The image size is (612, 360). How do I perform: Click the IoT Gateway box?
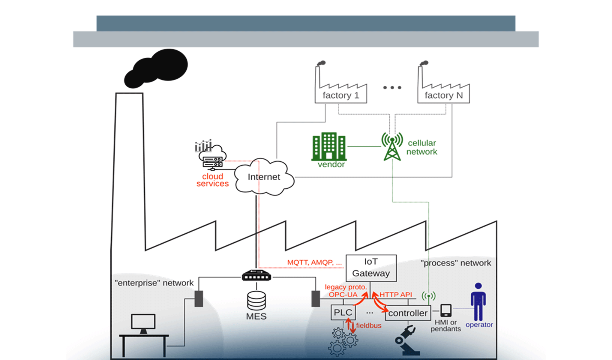point(371,268)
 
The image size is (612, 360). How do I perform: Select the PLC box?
point(343,313)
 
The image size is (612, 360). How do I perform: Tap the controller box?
point(408,313)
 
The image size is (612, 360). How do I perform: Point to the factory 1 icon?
point(340,87)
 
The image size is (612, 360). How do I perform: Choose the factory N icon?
point(443,87)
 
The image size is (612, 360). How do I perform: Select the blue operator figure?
point(478,301)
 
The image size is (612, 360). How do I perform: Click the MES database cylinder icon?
point(256,301)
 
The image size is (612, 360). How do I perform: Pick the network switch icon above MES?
point(256,275)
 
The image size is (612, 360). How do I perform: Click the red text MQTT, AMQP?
point(314,262)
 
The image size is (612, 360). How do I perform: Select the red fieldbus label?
point(368,325)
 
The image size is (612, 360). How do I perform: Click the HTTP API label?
point(395,295)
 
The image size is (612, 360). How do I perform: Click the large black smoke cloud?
point(157,68)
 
